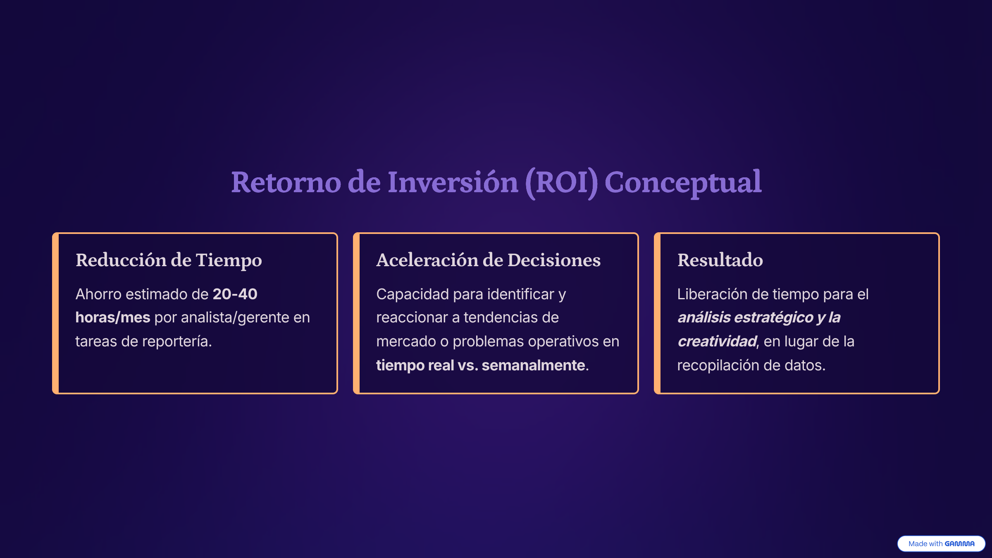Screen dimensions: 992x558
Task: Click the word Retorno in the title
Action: point(286,182)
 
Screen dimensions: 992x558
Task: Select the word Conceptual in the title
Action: point(683,183)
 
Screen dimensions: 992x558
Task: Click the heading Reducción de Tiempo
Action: point(169,260)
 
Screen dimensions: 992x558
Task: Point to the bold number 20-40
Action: point(235,294)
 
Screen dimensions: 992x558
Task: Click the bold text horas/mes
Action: point(112,317)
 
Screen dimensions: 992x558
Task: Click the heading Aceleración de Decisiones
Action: point(488,260)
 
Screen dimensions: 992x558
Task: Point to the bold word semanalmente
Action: point(533,365)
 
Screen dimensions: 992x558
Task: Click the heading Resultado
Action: point(720,260)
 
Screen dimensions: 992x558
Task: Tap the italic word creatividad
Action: point(717,341)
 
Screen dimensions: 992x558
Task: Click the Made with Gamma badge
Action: point(941,544)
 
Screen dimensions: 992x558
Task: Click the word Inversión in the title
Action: point(453,182)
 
